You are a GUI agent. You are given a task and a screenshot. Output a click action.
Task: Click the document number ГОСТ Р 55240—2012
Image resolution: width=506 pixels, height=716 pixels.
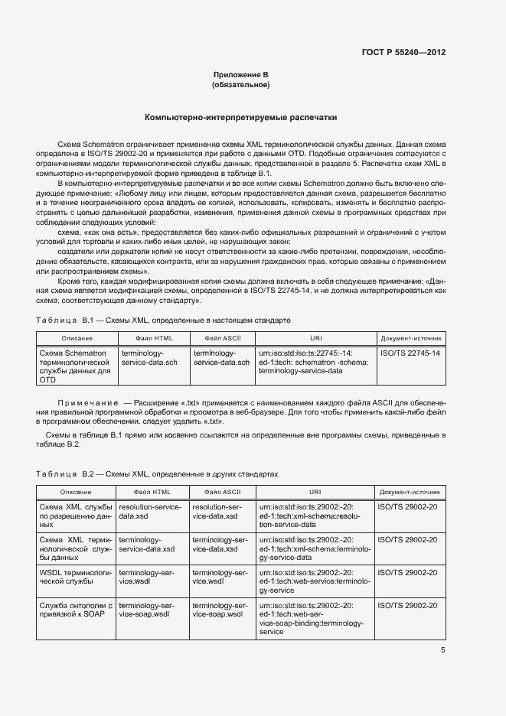pyautogui.click(x=403, y=53)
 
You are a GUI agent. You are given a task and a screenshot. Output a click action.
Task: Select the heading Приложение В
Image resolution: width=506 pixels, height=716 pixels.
pyautogui.click(x=240, y=75)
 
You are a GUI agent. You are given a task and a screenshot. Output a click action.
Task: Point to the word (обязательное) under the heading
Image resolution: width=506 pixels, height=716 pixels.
pyautogui.click(x=240, y=85)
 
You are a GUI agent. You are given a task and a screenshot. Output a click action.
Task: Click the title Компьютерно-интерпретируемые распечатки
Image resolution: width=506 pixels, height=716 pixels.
pyautogui.click(x=240, y=118)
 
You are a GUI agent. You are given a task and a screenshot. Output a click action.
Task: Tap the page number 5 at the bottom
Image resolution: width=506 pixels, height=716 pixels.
pyautogui.click(x=442, y=650)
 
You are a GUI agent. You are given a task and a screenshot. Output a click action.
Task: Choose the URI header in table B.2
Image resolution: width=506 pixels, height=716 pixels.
pyautogui.click(x=315, y=492)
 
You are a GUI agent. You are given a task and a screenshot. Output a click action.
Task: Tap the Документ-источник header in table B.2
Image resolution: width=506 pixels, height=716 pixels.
pyautogui.click(x=410, y=492)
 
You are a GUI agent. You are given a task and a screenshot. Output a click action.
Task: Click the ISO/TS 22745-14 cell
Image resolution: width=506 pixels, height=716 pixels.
pyautogui.click(x=410, y=353)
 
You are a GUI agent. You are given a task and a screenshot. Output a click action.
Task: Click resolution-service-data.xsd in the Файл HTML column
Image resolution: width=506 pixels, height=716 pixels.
pyautogui.click(x=150, y=512)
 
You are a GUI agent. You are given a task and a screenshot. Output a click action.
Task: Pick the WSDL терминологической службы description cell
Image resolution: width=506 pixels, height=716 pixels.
pyautogui.click(x=75, y=576)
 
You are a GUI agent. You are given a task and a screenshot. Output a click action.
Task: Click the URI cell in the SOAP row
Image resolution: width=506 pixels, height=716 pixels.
pyautogui.click(x=315, y=618)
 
